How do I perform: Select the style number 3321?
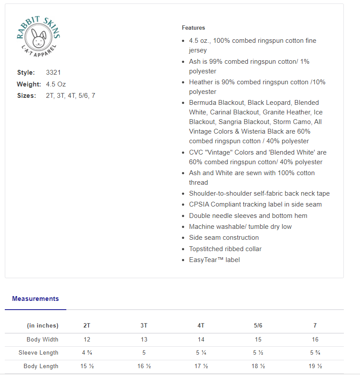(x=53, y=72)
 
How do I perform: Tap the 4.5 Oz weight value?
(x=56, y=84)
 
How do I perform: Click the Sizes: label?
(x=27, y=96)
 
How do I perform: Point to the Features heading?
(x=193, y=28)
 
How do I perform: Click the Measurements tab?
(x=35, y=299)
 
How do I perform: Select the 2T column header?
(x=87, y=326)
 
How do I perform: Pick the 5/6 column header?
(x=258, y=326)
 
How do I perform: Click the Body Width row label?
(x=42, y=339)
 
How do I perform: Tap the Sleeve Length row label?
(x=38, y=353)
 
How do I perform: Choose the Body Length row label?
(x=41, y=366)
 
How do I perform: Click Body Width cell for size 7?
(x=315, y=339)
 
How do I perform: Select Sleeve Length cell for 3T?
(x=144, y=353)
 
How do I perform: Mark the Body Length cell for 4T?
(x=201, y=366)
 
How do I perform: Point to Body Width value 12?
(x=87, y=339)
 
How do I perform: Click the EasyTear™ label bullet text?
(x=214, y=260)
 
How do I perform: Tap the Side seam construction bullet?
(x=224, y=238)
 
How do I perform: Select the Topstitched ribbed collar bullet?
(x=225, y=249)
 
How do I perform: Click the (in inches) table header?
(x=43, y=326)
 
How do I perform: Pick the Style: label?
(x=26, y=72)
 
